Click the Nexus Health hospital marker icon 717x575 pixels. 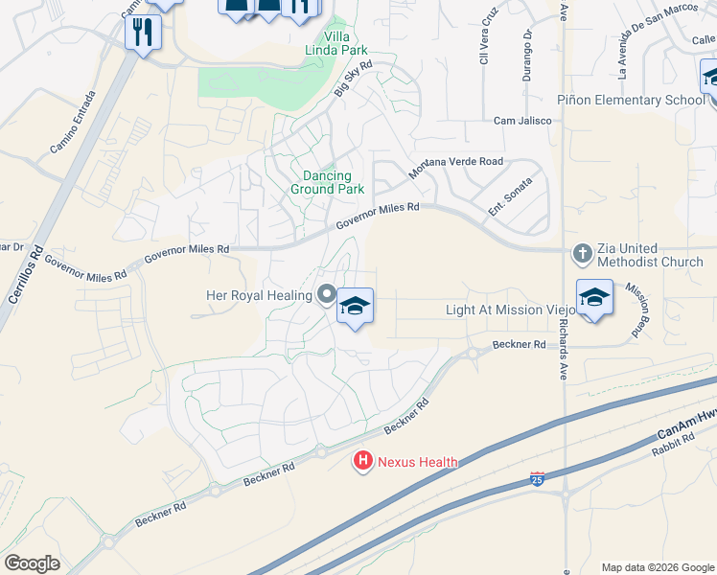pyautogui.click(x=363, y=462)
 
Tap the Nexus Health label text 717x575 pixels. pyautogui.click(x=417, y=462)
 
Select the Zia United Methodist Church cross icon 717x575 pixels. pyautogui.click(x=582, y=254)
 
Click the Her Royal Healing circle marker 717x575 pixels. pyautogui.click(x=327, y=295)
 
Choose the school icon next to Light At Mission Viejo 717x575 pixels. pyautogui.click(x=594, y=297)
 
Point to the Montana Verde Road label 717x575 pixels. pyautogui.click(x=455, y=168)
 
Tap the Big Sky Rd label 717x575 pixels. pyautogui.click(x=352, y=79)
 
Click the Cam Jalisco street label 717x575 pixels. pyautogui.click(x=522, y=121)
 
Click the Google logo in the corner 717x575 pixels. pyautogui.click(x=32, y=563)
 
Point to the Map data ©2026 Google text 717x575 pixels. pyautogui.click(x=658, y=567)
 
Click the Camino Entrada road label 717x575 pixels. pyautogui.click(x=73, y=124)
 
